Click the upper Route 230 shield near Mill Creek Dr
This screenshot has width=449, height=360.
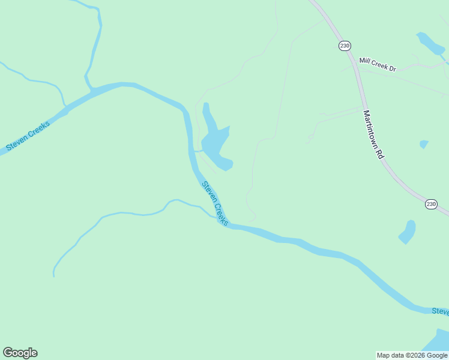pyautogui.click(x=344, y=46)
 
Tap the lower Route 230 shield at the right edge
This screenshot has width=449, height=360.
pyautogui.click(x=431, y=204)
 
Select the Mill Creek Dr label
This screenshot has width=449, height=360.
pyautogui.click(x=378, y=64)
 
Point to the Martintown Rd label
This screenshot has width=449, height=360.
pyautogui.click(x=373, y=134)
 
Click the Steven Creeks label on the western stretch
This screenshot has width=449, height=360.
pyautogui.click(x=28, y=135)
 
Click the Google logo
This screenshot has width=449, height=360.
pyautogui.click(x=20, y=353)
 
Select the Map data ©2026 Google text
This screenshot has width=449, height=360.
pyautogui.click(x=412, y=355)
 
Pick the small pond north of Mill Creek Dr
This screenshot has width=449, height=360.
pyautogui.click(x=429, y=43)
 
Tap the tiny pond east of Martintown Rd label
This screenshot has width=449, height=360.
pyautogui.click(x=424, y=144)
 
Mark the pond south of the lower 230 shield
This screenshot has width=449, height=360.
pyautogui.click(x=408, y=232)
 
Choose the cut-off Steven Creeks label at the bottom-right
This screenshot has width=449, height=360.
pyautogui.click(x=440, y=311)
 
